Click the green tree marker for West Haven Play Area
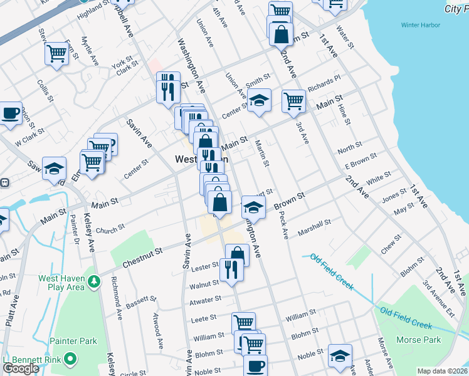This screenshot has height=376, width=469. pyautogui.click(x=94, y=282)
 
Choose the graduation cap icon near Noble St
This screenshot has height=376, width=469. pyautogui.click(x=340, y=355)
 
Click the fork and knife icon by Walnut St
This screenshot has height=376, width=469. pyautogui.click(x=231, y=269)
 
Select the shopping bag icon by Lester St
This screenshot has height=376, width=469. pyautogui.click(x=237, y=254)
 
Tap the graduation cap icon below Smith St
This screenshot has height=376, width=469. pyautogui.click(x=258, y=100)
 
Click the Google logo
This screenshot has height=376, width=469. pyautogui.click(x=21, y=368)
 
